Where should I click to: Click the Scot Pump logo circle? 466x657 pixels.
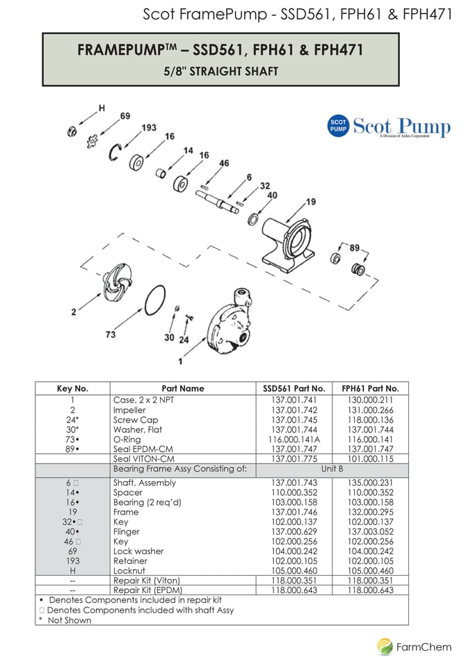click(x=338, y=126)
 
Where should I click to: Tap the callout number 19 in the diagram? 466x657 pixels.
click(x=311, y=202)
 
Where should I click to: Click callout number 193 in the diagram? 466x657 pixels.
click(x=149, y=128)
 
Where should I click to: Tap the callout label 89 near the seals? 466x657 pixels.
click(x=355, y=248)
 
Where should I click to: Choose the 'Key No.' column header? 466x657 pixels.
click(x=72, y=389)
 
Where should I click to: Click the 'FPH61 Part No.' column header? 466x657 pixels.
click(x=371, y=389)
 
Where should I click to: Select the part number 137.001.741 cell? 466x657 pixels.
click(x=294, y=400)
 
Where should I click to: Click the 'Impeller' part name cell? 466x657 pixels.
click(x=129, y=410)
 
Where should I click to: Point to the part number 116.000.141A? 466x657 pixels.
click(x=294, y=439)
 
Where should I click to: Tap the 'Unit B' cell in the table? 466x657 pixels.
click(x=332, y=469)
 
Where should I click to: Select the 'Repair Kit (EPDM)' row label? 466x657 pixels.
click(x=147, y=590)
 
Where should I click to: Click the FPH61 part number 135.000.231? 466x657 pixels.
click(x=371, y=482)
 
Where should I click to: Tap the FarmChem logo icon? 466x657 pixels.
click(x=385, y=646)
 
